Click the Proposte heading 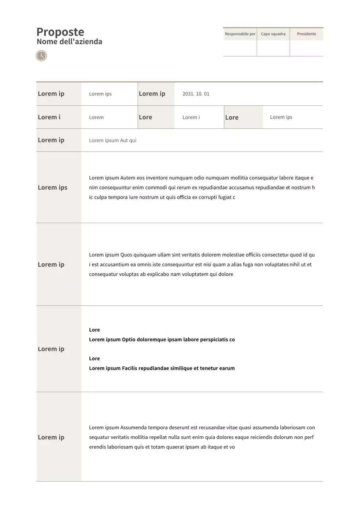pyautogui.click(x=60, y=32)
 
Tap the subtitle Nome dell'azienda pyautogui.click(x=69, y=42)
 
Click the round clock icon pyautogui.click(x=41, y=56)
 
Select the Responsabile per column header pyautogui.click(x=240, y=34)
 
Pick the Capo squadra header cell pyautogui.click(x=273, y=34)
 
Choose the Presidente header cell pyautogui.click(x=306, y=34)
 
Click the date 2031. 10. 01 pyautogui.click(x=196, y=94)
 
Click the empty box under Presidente pyautogui.click(x=306, y=48)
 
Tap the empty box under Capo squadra pyautogui.click(x=273, y=48)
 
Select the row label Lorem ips pyautogui.click(x=53, y=188)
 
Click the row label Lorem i pyautogui.click(x=49, y=117)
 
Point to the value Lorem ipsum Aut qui pyautogui.click(x=113, y=140)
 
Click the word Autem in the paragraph pyautogui.click(x=128, y=178)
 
